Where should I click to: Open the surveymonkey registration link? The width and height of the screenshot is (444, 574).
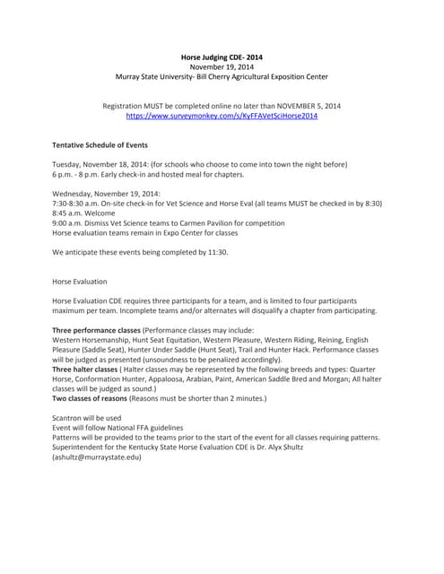pos(222,116)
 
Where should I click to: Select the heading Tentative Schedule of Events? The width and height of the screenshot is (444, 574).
pos(100,144)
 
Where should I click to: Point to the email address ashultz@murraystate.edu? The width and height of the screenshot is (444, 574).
pos(97,457)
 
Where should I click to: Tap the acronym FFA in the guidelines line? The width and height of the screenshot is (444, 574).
pos(143,428)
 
